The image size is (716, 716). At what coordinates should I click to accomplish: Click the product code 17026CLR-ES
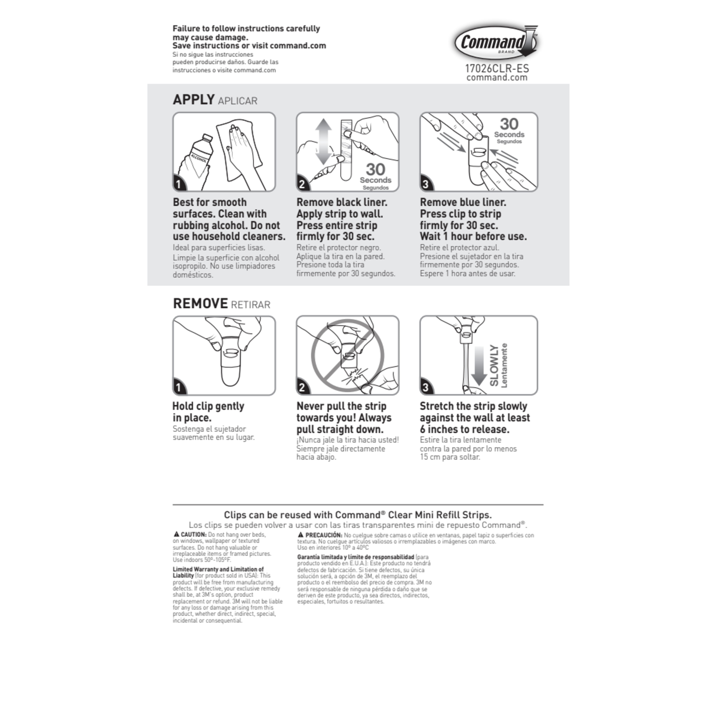497,68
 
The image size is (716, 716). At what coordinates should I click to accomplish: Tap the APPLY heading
194,100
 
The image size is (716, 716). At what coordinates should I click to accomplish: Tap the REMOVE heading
200,304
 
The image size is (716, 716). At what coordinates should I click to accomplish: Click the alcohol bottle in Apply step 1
196,158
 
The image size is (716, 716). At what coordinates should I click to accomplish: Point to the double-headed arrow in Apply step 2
324,142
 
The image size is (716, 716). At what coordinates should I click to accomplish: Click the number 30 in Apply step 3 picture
509,124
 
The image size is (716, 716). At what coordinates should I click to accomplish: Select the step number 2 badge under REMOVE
302,388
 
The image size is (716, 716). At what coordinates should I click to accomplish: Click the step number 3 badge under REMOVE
426,388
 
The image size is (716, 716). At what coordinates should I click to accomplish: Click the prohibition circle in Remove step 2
348,356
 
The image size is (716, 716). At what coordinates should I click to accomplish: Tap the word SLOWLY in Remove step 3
494,365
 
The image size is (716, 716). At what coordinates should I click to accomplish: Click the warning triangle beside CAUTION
176,534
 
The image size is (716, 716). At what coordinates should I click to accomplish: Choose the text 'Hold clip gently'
208,406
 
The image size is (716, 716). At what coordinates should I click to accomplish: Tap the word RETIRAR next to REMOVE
251,305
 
